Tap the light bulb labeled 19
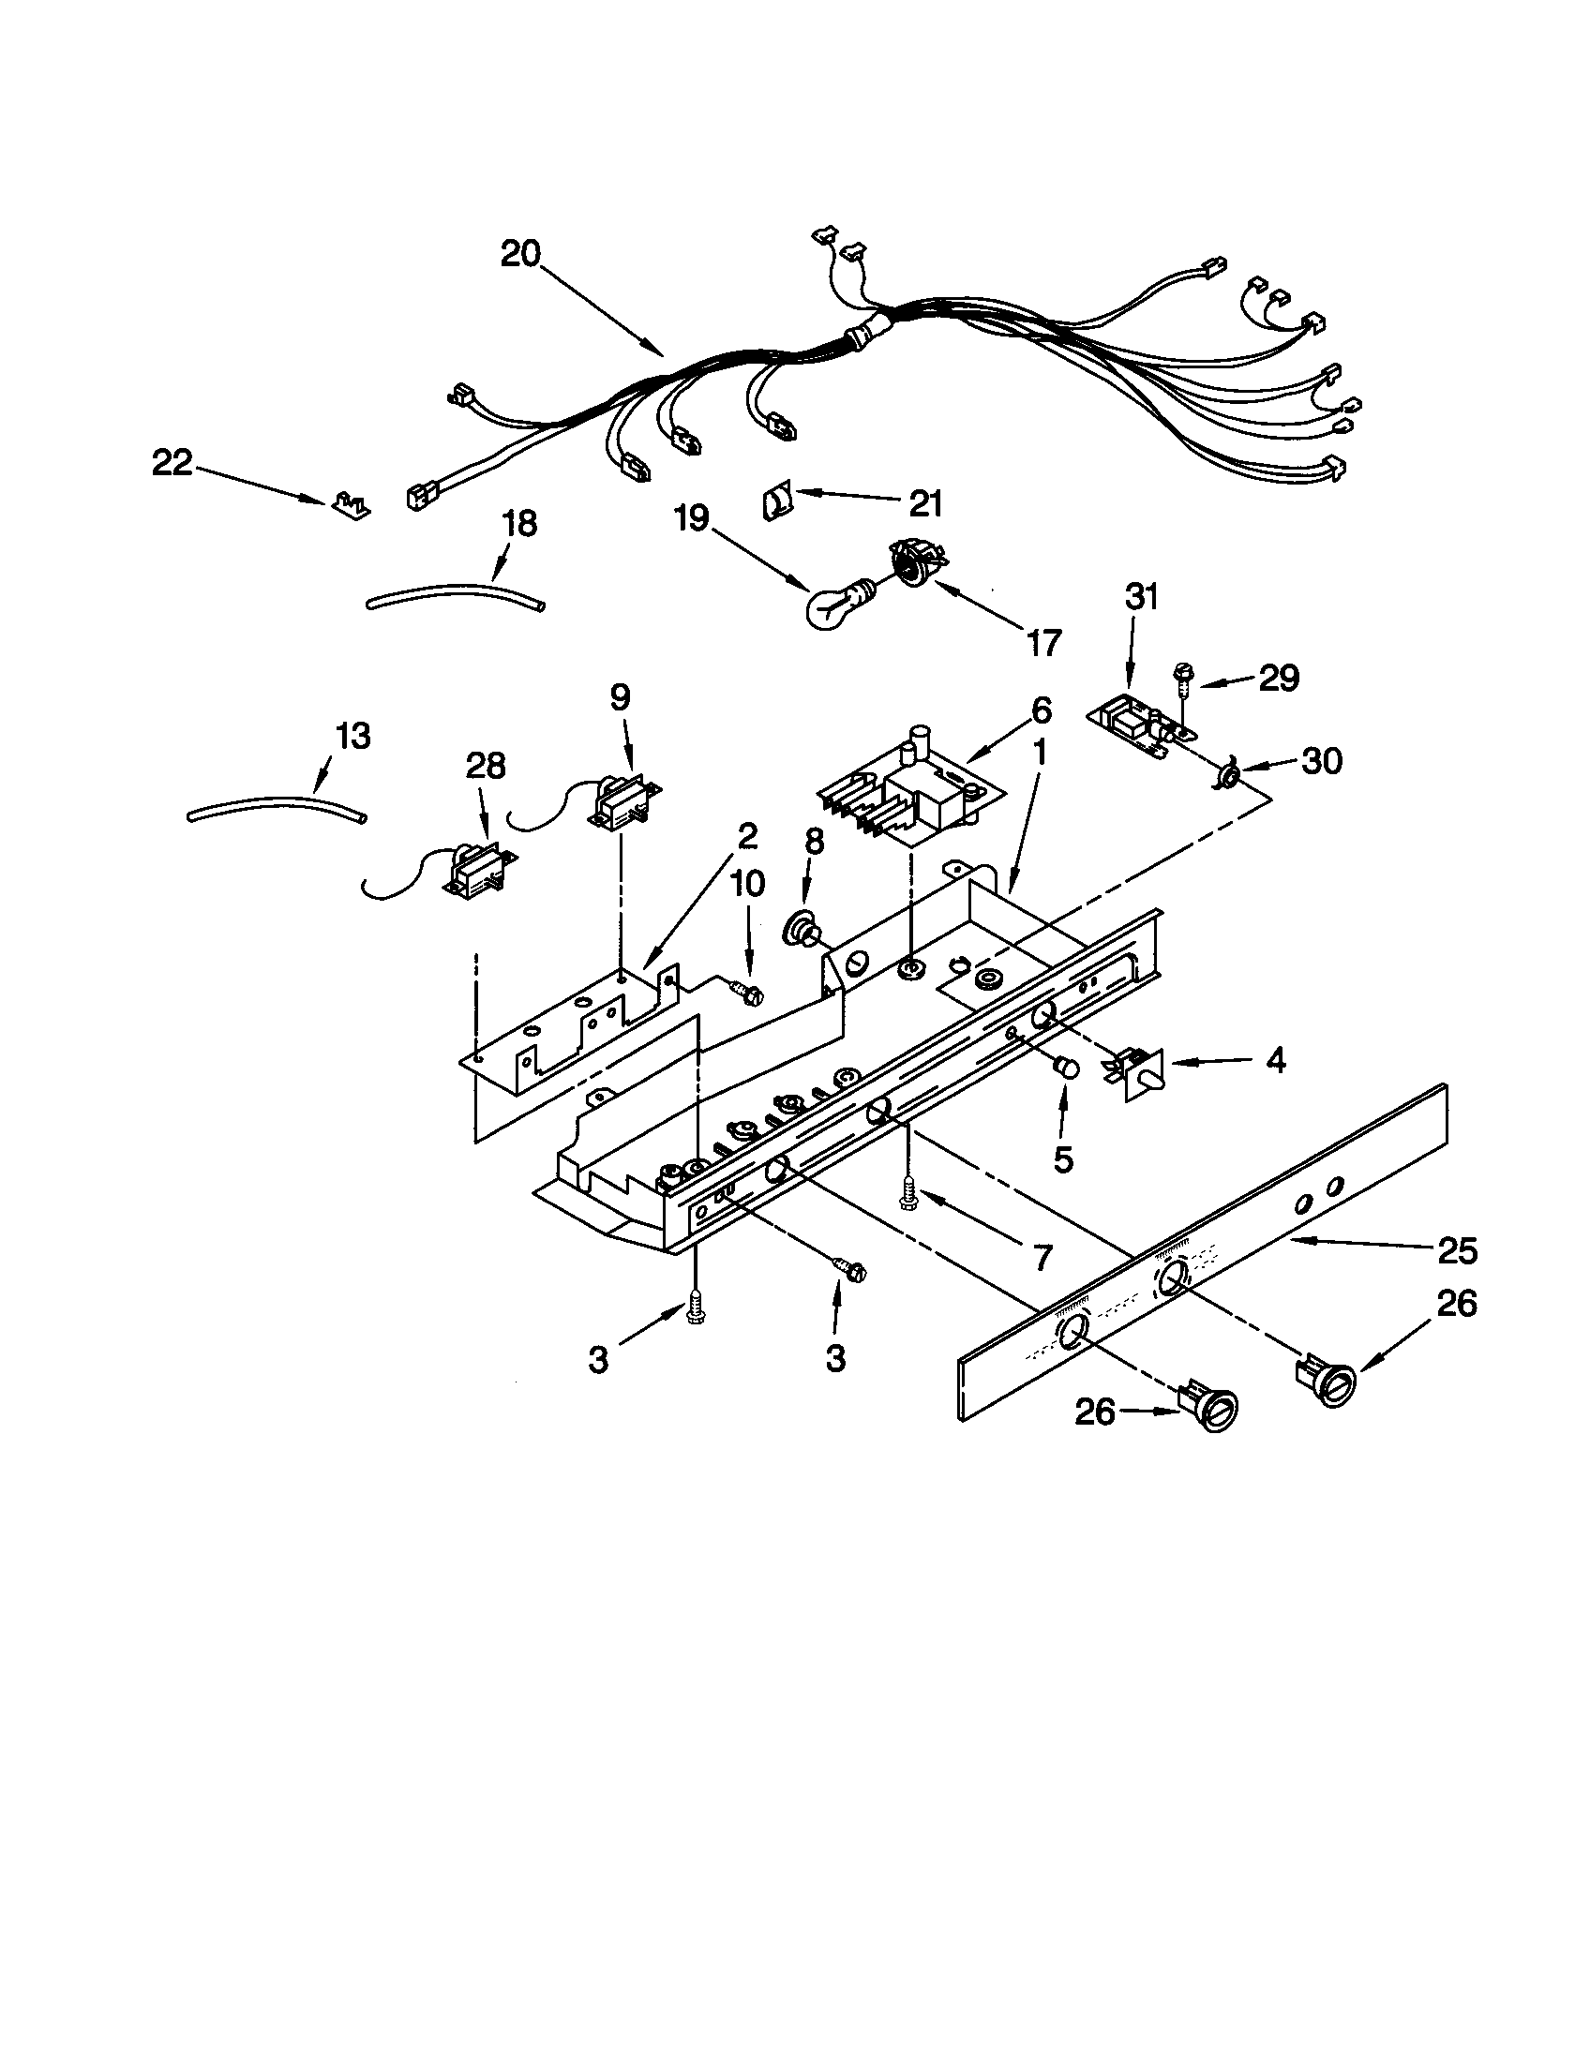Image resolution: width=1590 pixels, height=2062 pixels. (831, 605)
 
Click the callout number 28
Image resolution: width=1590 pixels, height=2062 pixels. (485, 766)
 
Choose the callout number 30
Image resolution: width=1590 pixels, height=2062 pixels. (1321, 761)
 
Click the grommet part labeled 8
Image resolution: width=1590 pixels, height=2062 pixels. (802, 930)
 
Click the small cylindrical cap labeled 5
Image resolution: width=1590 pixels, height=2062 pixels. (1066, 1068)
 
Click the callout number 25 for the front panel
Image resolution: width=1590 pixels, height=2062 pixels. (1455, 1251)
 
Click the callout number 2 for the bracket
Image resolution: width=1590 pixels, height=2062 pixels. (746, 835)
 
